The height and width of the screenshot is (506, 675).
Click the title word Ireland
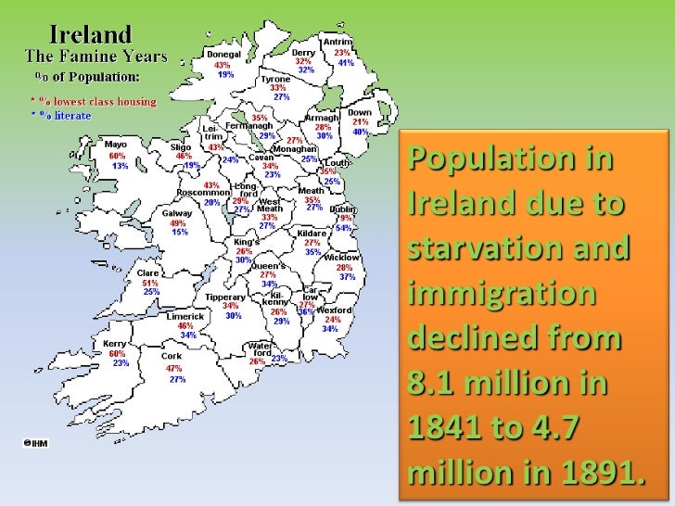[x=90, y=36]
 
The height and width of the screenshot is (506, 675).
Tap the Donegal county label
[x=223, y=55]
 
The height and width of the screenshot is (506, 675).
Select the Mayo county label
[x=116, y=145]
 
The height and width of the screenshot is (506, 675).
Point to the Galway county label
[x=178, y=212]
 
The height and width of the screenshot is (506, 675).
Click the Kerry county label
[x=116, y=344]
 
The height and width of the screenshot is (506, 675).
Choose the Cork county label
[x=172, y=356]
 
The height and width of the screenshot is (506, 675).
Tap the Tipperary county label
[x=225, y=297]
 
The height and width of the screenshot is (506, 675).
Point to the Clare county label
[x=148, y=273]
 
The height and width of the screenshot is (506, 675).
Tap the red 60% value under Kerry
[x=116, y=354]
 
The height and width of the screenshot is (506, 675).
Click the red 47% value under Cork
[x=173, y=368]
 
